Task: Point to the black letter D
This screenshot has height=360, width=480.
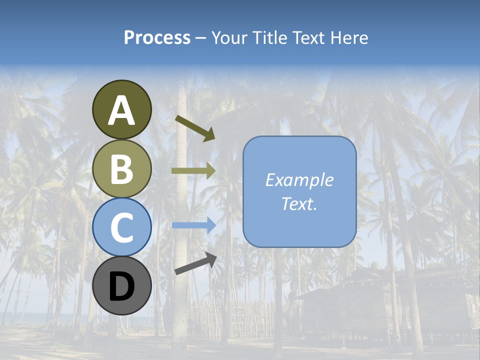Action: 121,287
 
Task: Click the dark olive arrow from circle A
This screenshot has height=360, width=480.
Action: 195,127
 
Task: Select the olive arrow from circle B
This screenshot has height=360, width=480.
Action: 193,171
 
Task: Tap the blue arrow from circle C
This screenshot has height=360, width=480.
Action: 193,225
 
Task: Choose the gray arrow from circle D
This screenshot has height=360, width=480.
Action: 195,264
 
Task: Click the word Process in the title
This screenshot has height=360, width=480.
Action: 157,37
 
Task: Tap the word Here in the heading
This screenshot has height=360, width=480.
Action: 350,37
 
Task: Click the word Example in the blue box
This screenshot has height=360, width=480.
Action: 299,180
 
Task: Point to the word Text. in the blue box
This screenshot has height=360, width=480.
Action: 299,203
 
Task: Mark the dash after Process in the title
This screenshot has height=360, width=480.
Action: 200,38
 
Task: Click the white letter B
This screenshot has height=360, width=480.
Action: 121,169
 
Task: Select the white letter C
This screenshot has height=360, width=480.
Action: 121,227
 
